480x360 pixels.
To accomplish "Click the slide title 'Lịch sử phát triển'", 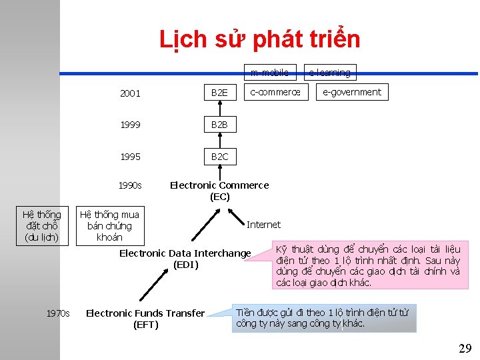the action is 259,40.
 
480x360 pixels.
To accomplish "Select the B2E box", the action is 219,93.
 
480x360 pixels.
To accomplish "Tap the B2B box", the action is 219,125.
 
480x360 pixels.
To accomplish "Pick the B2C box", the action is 219,157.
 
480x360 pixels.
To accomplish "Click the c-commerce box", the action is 275,92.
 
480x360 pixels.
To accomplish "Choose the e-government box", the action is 352,92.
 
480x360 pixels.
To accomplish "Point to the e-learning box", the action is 329,72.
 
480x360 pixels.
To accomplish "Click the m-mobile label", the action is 269,72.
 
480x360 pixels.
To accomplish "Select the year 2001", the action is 130,93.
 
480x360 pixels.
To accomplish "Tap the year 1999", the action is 130,125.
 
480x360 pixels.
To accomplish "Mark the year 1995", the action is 130,157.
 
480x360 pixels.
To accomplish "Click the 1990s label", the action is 130,185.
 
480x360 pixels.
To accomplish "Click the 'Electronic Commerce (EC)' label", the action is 219,191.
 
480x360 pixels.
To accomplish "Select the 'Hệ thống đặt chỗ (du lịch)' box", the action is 41,226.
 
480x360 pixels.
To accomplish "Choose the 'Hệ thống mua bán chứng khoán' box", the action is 109,226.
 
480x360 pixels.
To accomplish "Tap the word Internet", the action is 263,225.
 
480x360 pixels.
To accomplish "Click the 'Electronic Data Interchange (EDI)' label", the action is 185,259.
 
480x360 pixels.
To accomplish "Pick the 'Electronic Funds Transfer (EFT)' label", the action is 145,319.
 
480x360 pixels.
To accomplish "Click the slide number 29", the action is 465,348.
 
